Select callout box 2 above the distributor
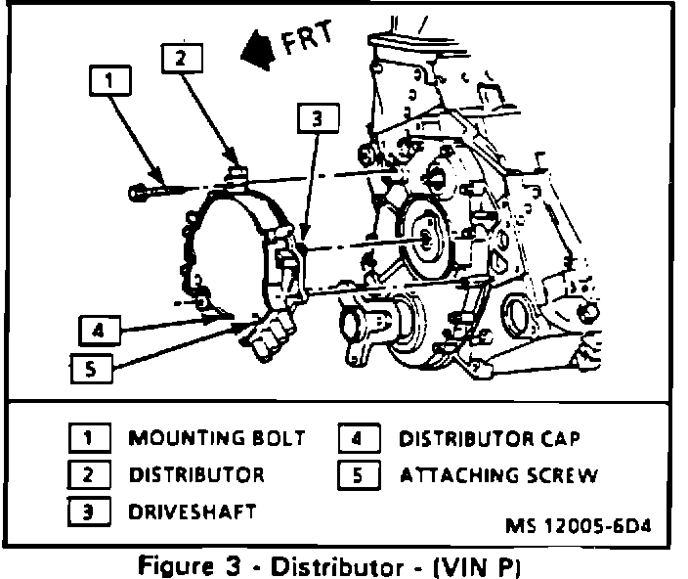point(180,58)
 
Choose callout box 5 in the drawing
point(90,369)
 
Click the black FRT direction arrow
point(259,46)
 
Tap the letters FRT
point(309,38)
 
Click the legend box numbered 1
point(87,439)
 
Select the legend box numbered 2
point(87,475)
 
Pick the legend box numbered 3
point(87,511)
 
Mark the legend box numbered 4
point(357,439)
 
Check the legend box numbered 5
point(357,475)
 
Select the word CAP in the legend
point(568,439)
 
